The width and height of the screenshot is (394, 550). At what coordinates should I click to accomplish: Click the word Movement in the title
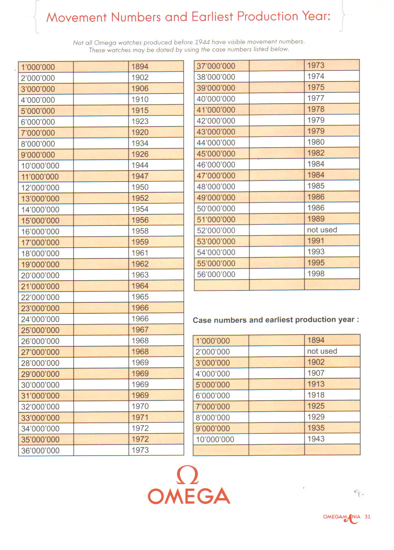tap(76, 17)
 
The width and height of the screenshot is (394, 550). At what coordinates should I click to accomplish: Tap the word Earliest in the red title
tap(212, 16)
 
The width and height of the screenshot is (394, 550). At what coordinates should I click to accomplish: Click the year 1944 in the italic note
tap(202, 42)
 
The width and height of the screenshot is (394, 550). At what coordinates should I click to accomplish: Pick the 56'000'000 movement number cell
tap(216, 274)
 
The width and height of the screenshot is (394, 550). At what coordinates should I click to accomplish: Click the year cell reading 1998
tap(316, 274)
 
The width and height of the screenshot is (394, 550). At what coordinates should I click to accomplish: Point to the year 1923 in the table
tap(140, 122)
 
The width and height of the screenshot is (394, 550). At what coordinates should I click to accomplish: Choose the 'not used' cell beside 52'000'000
tap(322, 230)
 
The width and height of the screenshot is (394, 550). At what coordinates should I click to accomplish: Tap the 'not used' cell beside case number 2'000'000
tap(322, 351)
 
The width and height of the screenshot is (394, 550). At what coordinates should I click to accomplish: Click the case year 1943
tap(316, 439)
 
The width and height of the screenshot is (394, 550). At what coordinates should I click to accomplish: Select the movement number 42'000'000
tap(216, 121)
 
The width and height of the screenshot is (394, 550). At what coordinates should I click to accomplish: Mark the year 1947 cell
tap(140, 176)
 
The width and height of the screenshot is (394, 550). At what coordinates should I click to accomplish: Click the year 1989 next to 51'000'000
tap(316, 219)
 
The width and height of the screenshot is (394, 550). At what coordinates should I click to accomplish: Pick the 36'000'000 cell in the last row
tap(40, 451)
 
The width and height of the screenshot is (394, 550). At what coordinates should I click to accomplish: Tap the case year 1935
tap(316, 428)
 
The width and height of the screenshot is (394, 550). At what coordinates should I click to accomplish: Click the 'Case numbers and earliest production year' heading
tap(276, 320)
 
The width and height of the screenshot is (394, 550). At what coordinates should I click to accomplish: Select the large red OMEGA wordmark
tap(189, 496)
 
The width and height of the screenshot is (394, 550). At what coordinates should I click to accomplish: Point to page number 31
tap(368, 517)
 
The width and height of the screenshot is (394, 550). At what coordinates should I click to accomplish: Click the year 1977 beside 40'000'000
tap(316, 98)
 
